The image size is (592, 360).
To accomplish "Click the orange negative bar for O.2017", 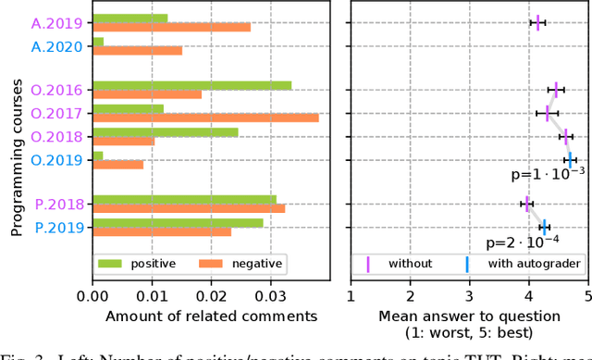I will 205,118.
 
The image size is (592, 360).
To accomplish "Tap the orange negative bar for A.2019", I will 172,27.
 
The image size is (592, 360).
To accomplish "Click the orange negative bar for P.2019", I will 162,231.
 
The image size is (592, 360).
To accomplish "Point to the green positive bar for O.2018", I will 166,131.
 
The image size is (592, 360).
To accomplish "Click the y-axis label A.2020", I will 57,45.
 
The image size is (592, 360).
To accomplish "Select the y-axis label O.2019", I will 57,159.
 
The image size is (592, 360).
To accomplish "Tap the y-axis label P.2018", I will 58,205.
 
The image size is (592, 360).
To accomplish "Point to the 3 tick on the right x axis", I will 469,296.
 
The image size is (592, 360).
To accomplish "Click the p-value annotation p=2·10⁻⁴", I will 524,243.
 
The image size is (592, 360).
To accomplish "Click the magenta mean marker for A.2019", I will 537,22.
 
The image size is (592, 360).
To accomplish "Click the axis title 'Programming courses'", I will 17,141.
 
